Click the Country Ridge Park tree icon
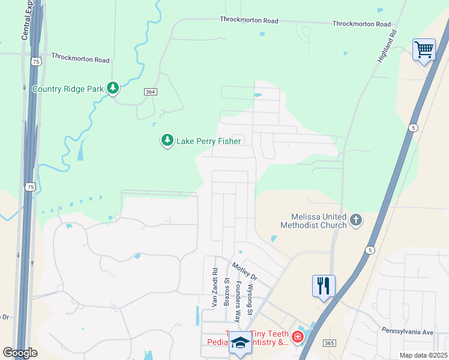click(113, 89)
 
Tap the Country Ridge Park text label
click(68, 89)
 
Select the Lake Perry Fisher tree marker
click(167, 140)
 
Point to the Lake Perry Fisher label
click(208, 142)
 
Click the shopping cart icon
click(424, 49)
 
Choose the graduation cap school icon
click(240, 343)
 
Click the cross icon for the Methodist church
click(355, 220)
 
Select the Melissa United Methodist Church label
click(313, 221)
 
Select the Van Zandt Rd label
click(214, 288)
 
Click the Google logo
click(20, 353)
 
